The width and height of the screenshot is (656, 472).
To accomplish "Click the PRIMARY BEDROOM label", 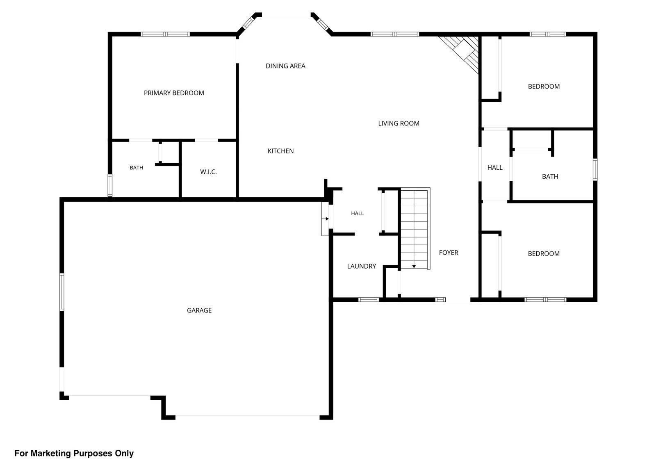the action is tap(174, 93).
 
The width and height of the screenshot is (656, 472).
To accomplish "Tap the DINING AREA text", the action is tap(285, 66).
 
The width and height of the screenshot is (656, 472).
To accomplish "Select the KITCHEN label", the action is tap(280, 151).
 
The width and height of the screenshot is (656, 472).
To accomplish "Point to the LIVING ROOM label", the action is tap(398, 123).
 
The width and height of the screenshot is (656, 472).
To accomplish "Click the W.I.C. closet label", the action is tap(208, 172).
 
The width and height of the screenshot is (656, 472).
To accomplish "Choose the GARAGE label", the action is tap(199, 310).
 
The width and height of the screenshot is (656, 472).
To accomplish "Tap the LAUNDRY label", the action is tap(361, 266).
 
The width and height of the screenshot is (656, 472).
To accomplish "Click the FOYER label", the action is tap(449, 253).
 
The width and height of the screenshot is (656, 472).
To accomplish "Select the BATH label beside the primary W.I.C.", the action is tap(137, 168).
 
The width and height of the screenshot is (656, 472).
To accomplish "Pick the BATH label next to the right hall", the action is tap(550, 176).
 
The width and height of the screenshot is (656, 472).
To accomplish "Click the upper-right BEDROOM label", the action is tap(544, 87).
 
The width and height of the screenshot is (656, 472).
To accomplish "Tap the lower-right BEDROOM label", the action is tap(544, 253).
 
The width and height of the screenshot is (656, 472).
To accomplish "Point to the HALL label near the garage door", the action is tap(357, 213).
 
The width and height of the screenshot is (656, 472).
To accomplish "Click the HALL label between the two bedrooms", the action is tap(494, 168).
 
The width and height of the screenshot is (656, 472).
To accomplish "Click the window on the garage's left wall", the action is tap(62, 292).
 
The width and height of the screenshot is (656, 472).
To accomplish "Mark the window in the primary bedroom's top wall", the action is tap(165, 34).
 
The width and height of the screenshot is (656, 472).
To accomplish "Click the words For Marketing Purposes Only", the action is tap(74, 453).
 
